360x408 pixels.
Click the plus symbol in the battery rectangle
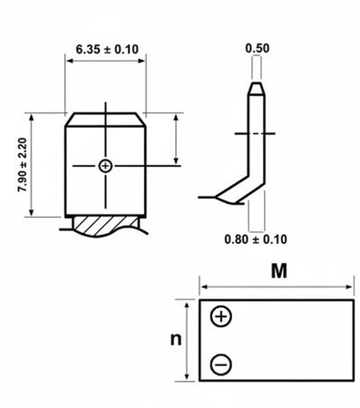click(x=220, y=316)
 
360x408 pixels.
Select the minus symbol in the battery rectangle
click(x=220, y=365)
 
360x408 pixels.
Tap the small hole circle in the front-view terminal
click(x=106, y=166)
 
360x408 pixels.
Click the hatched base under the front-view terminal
click(x=105, y=224)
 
